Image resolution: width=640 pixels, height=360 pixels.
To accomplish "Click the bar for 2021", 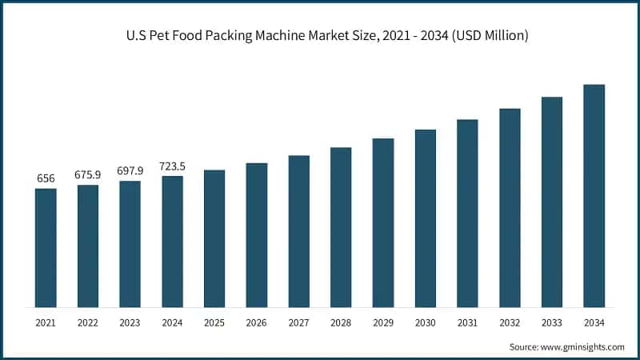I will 46,248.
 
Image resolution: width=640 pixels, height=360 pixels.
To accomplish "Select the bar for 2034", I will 594,196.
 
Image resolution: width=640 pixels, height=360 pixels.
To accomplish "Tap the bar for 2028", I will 341,227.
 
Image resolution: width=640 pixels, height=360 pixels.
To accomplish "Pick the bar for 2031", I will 467,214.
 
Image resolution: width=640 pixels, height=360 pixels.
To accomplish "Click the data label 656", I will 46,178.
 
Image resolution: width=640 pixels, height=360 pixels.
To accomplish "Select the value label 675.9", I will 88,175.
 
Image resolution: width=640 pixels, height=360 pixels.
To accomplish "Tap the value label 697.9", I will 130,170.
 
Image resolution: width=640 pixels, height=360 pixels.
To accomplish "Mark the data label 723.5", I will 172,166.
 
